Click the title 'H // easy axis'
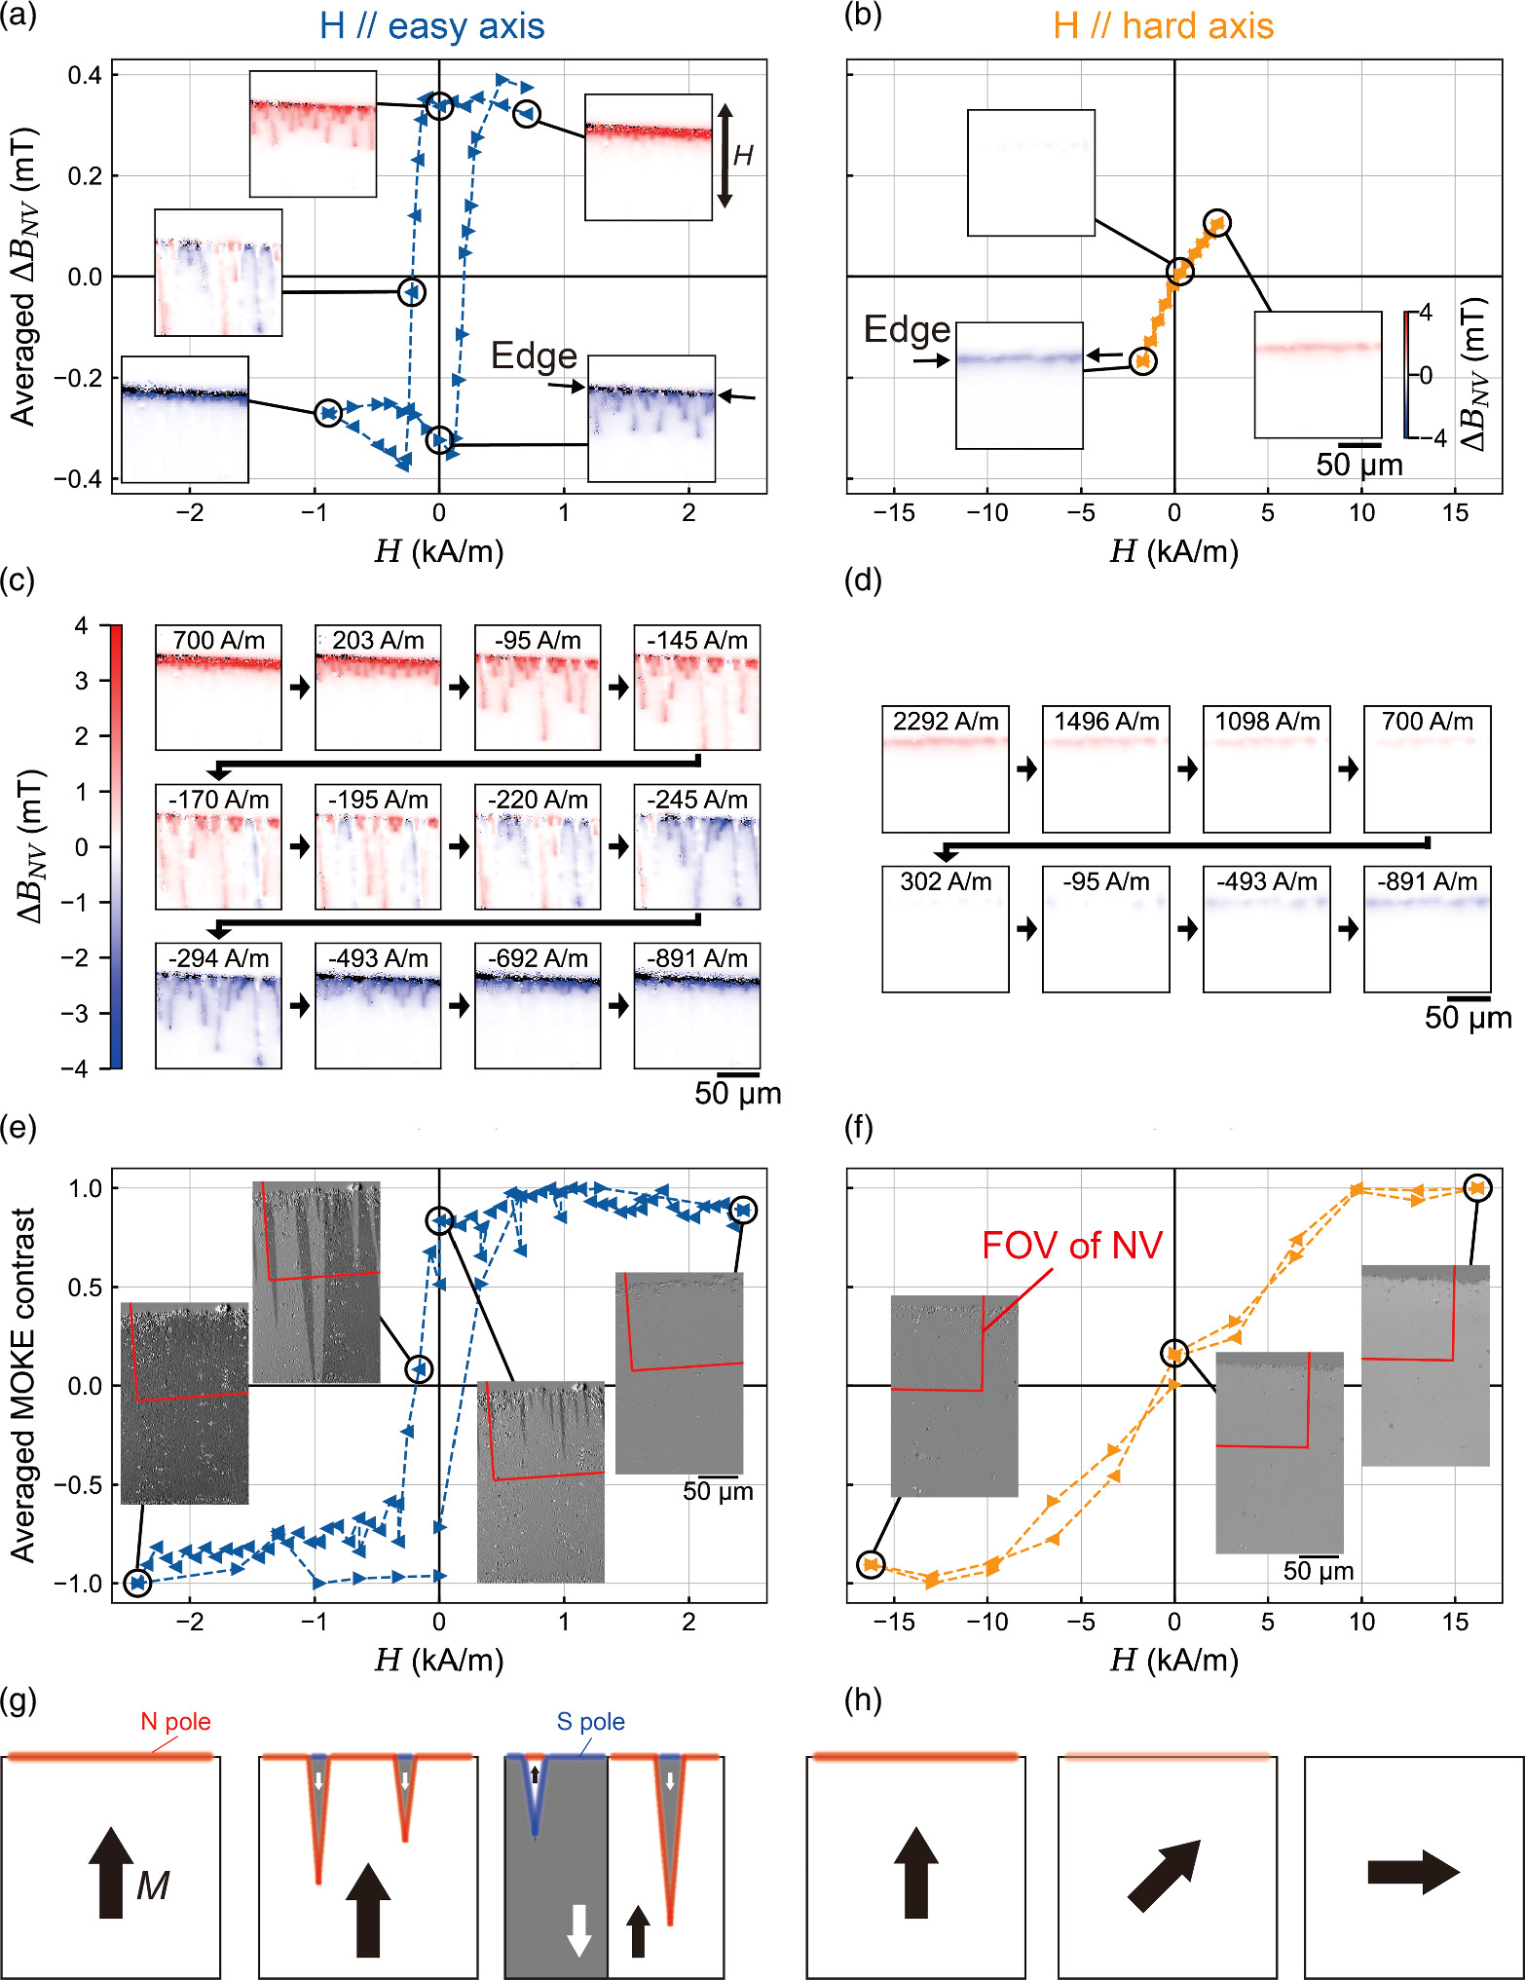coord(431,26)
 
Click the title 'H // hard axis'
coord(1163,26)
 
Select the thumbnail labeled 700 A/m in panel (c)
coord(218,688)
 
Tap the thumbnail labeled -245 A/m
coord(697,846)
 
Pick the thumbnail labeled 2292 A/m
coord(946,769)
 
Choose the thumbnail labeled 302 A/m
coord(946,929)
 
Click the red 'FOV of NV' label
coord(1072,1246)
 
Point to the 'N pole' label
coord(175,1722)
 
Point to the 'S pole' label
coord(590,1722)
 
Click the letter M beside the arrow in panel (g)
coord(153,1887)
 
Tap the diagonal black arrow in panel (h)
coord(1165,1876)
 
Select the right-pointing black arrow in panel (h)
coord(1413,1872)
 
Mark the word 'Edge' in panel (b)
coord(907,330)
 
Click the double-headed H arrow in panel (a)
coord(725,156)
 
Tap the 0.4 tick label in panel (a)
coord(85,75)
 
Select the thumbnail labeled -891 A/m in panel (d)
coord(1428,929)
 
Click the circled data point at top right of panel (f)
coord(1478,1188)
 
